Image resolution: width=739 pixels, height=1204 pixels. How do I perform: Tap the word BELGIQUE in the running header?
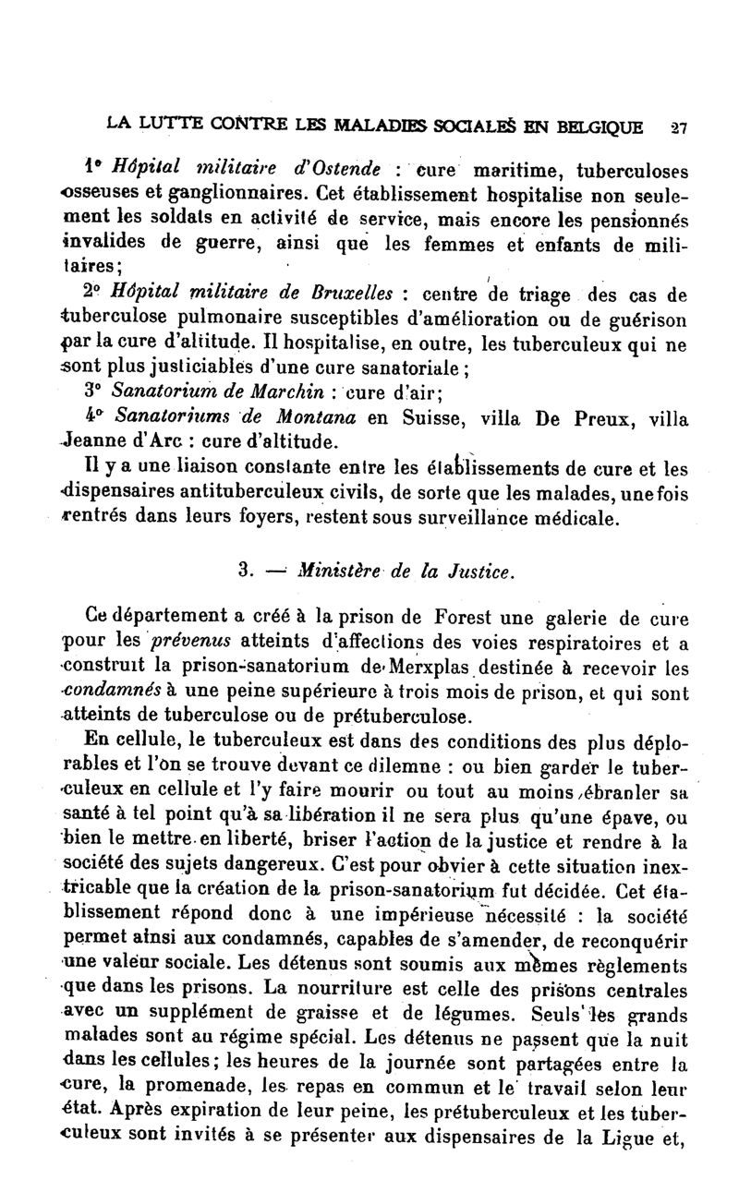click(x=599, y=126)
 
